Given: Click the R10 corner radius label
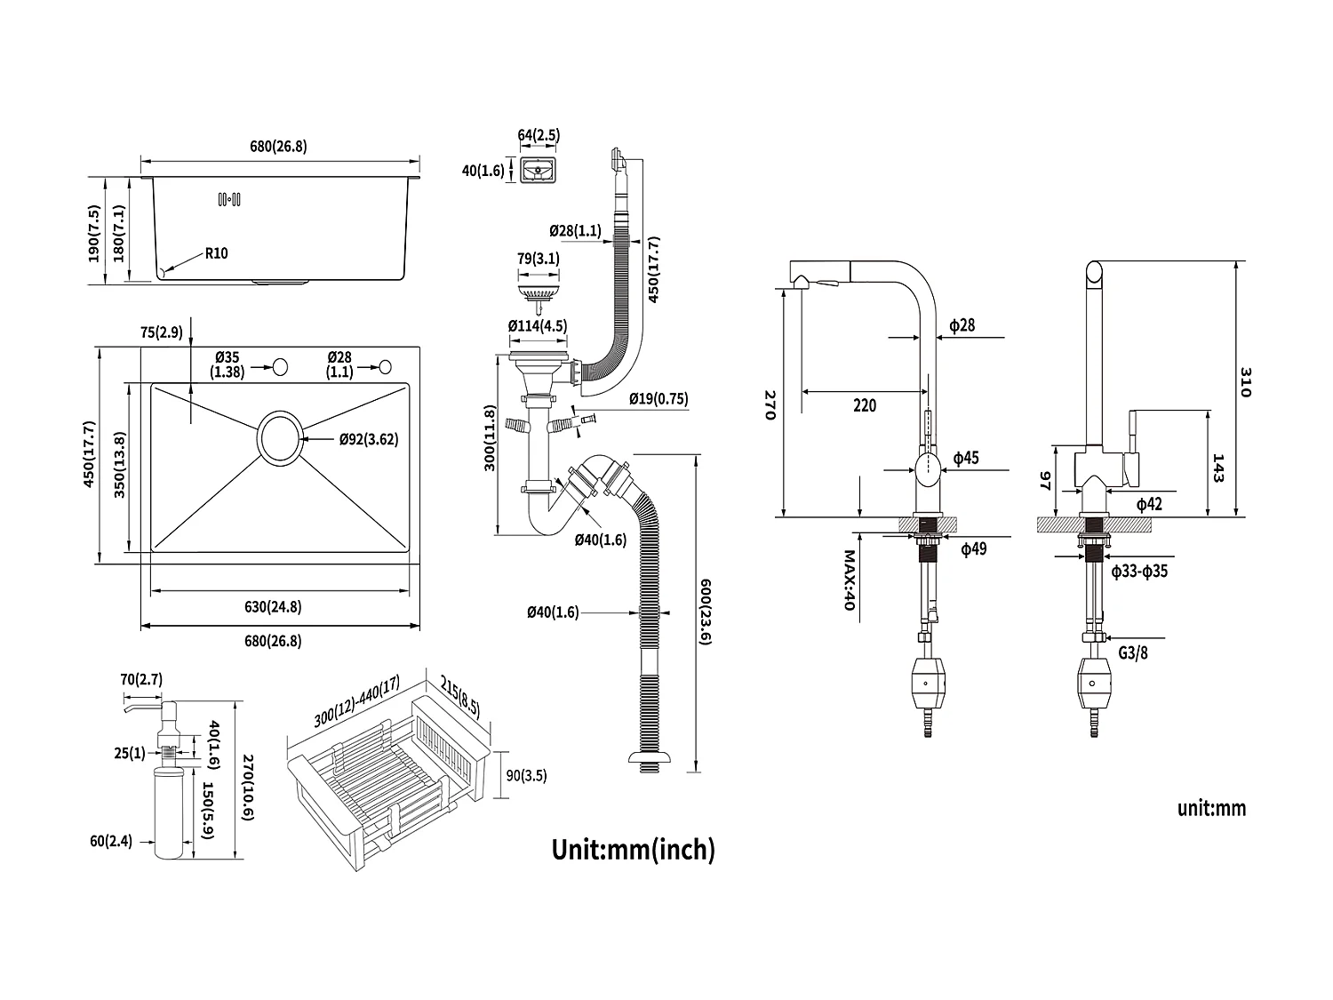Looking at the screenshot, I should [216, 253].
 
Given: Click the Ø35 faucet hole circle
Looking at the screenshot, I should [281, 365].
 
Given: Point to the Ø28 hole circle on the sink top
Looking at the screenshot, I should [387, 365].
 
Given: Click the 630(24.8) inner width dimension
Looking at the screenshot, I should [274, 607].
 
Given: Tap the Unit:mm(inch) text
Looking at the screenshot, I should [633, 849].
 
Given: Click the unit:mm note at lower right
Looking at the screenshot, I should [1212, 808].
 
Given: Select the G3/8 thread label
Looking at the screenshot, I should [1134, 653].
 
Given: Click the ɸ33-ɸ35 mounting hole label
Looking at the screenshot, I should [1139, 572].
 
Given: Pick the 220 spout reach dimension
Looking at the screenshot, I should [864, 405].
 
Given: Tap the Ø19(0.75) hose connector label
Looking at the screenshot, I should [659, 399].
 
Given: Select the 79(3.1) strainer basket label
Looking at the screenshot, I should [538, 260].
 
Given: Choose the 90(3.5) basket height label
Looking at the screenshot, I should [527, 775].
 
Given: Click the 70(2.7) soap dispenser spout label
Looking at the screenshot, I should [140, 680].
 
